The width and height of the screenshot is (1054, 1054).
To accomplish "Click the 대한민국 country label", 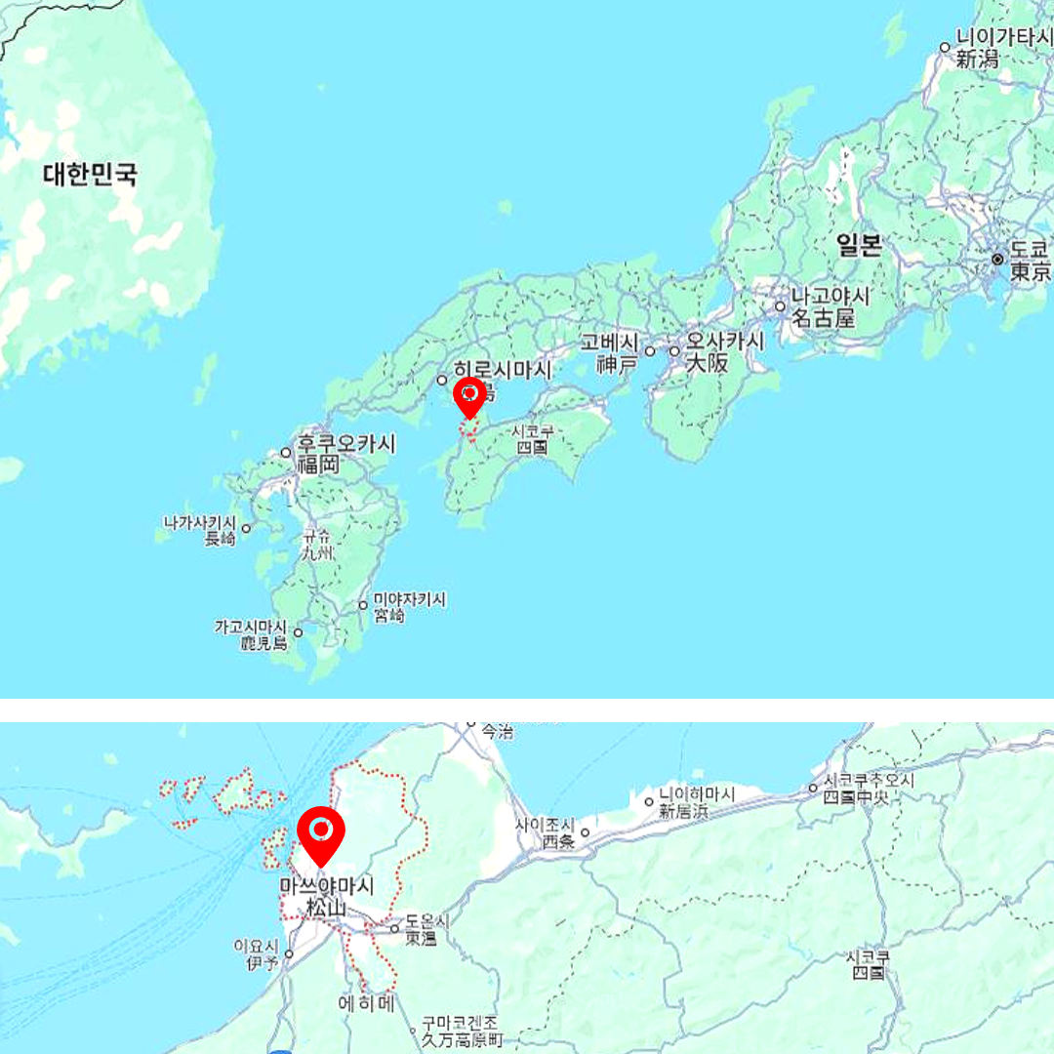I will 90,176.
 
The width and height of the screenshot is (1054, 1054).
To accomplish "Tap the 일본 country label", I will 859,244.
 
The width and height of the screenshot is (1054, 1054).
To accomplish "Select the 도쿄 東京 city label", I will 1031,260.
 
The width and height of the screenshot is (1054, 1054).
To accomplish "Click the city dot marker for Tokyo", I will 997,260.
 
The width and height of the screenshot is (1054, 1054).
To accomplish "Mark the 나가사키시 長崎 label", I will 200,530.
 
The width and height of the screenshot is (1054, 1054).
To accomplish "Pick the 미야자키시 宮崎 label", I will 408,608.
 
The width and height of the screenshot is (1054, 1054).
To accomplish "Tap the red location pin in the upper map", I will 470,395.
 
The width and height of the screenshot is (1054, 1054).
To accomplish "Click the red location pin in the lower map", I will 321,833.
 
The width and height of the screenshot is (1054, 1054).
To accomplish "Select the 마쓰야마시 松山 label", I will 326,897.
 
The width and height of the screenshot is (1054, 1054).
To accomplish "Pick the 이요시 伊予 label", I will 257,953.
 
